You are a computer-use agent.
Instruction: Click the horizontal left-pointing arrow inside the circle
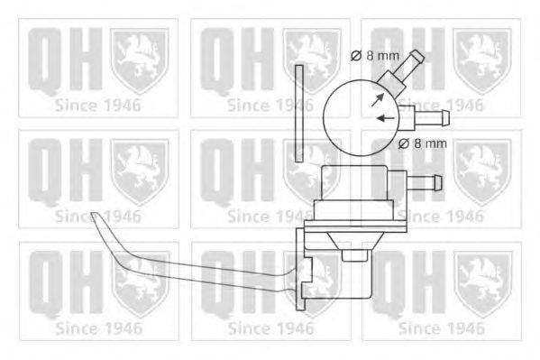pyautogui.click(x=385, y=118)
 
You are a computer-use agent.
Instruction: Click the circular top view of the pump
pyautogui.click(x=359, y=114)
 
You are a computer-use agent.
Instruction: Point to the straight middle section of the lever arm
pyautogui.click(x=216, y=269)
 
